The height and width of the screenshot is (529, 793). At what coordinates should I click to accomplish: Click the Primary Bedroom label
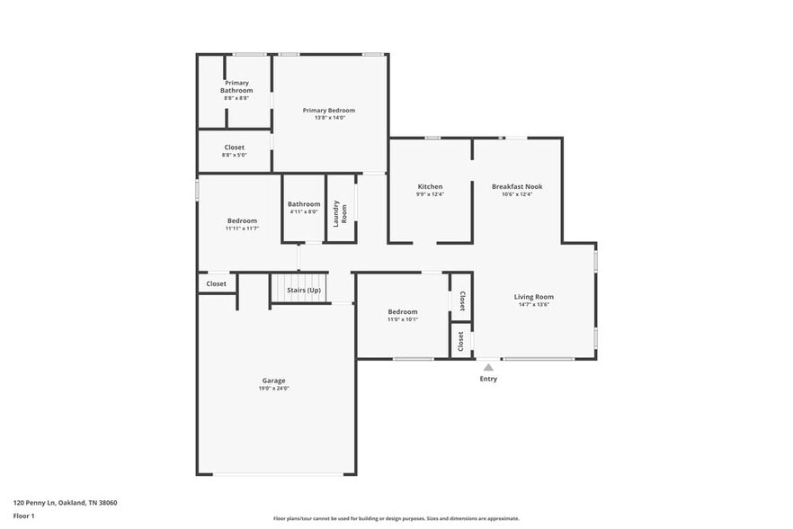[328, 110]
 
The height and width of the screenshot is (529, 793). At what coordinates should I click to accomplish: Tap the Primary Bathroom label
[236, 86]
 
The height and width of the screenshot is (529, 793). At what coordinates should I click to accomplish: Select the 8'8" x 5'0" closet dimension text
[234, 155]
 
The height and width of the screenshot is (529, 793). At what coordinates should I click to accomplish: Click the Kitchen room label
[430, 186]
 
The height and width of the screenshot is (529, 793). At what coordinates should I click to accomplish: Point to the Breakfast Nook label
[517, 186]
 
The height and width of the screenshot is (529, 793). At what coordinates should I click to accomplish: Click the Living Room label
[533, 297]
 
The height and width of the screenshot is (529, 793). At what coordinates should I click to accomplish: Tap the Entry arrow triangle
[488, 367]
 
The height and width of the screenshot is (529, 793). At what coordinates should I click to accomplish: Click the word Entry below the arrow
[488, 379]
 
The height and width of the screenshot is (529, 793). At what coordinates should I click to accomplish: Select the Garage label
[274, 381]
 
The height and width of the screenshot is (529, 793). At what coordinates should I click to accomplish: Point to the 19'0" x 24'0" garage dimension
[274, 389]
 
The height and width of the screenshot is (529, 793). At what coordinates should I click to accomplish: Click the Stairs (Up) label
[303, 290]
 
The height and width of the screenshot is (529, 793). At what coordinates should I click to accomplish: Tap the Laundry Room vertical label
[340, 213]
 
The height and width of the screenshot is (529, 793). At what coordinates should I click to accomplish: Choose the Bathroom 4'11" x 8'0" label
[304, 204]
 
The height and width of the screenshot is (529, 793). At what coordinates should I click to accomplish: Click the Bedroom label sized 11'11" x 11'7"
[242, 220]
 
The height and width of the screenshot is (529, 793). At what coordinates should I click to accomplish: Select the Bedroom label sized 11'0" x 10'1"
[402, 311]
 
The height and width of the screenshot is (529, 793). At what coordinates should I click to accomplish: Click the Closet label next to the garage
[216, 283]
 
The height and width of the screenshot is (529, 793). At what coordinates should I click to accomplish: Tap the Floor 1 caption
[23, 516]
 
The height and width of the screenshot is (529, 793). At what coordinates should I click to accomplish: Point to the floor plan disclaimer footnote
[396, 518]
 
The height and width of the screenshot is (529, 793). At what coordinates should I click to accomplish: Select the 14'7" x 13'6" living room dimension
[533, 305]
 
